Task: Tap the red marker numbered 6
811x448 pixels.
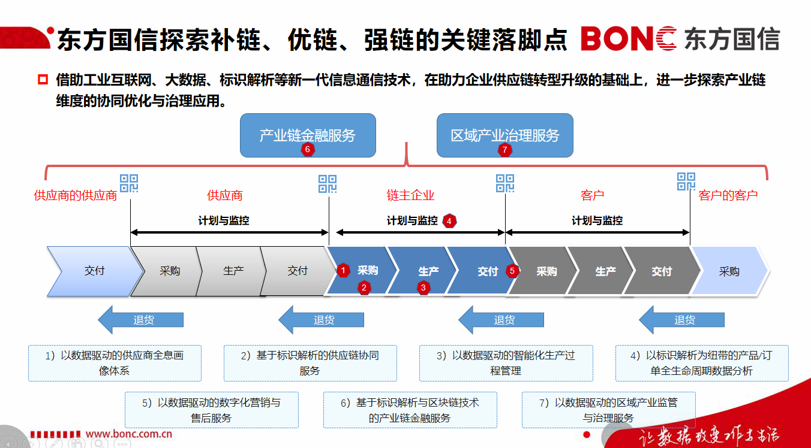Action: pos(308,150)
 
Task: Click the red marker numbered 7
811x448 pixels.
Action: pos(504,150)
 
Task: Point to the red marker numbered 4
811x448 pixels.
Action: pos(450,220)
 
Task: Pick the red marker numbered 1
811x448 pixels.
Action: pos(343,271)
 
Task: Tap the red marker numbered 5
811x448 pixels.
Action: pos(512,271)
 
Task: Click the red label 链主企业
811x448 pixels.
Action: pos(410,195)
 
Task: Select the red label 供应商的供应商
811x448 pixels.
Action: pos(75,195)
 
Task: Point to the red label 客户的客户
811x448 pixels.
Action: pos(728,195)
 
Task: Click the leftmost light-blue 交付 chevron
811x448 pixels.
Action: pos(94,271)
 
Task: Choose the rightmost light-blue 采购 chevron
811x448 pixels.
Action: pos(729,271)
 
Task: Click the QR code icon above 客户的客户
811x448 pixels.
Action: pos(686,181)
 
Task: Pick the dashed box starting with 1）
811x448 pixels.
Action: pos(115,363)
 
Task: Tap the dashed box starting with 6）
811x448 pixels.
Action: pos(410,410)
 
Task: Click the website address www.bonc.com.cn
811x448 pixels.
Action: pos(129,434)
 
